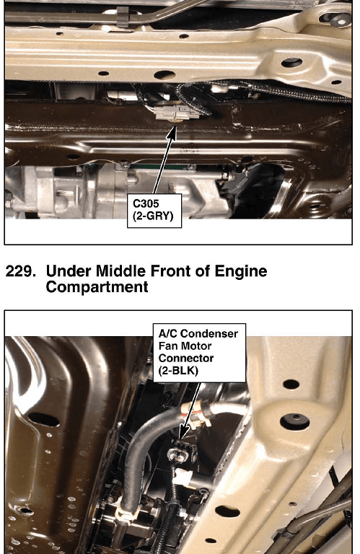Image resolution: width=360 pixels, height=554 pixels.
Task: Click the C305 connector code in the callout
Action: click(146, 203)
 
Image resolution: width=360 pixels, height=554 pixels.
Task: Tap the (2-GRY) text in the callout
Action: click(153, 216)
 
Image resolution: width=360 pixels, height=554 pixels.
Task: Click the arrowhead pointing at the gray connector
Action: click(172, 130)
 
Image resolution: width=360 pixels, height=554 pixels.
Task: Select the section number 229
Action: click(21, 271)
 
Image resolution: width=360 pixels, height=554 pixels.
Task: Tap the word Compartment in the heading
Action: click(97, 286)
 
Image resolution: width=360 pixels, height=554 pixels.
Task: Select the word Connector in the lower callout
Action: click(186, 359)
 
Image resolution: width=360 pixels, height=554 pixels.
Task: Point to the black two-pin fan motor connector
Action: click(182, 452)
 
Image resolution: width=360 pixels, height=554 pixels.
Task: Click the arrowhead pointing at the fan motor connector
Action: click(184, 433)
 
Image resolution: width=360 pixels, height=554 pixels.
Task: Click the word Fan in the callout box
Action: click(167, 346)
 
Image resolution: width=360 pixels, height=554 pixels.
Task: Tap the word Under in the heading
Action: click(69, 271)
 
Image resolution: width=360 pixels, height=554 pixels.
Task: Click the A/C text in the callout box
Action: click(168, 333)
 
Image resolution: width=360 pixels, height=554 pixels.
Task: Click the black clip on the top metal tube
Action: click(122, 17)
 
